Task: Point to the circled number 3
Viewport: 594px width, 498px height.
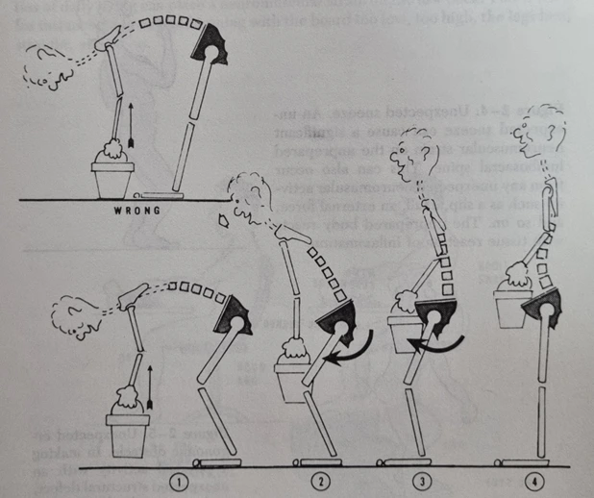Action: click(x=420, y=478)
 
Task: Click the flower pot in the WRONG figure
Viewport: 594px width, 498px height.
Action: click(x=114, y=178)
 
